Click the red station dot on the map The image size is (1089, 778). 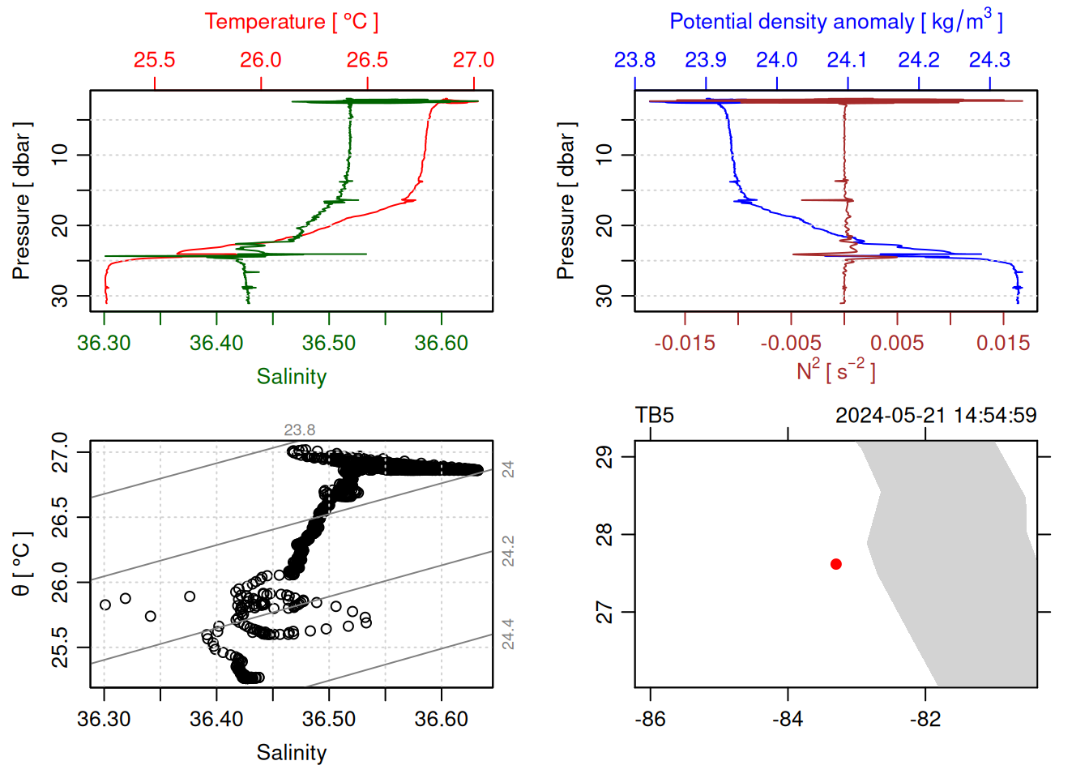835,564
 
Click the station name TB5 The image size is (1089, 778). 655,416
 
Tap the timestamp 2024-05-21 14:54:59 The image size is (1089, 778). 936,416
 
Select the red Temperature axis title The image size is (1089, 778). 292,22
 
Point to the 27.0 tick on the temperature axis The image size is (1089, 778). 473,60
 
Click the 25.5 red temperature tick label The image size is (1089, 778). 154,60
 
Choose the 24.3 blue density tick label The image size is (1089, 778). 989,60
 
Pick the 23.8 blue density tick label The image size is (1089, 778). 634,60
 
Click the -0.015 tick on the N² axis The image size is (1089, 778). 685,343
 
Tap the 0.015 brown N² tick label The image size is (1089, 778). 1003,343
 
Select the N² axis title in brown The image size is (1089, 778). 836,370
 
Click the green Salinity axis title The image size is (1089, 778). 292,377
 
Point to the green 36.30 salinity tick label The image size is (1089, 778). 104,343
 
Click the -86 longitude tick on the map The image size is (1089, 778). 651,719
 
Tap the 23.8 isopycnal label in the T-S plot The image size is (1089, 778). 300,430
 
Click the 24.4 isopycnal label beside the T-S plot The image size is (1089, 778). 508,634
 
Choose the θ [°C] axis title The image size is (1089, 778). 21,564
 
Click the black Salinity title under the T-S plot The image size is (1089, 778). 292,753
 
